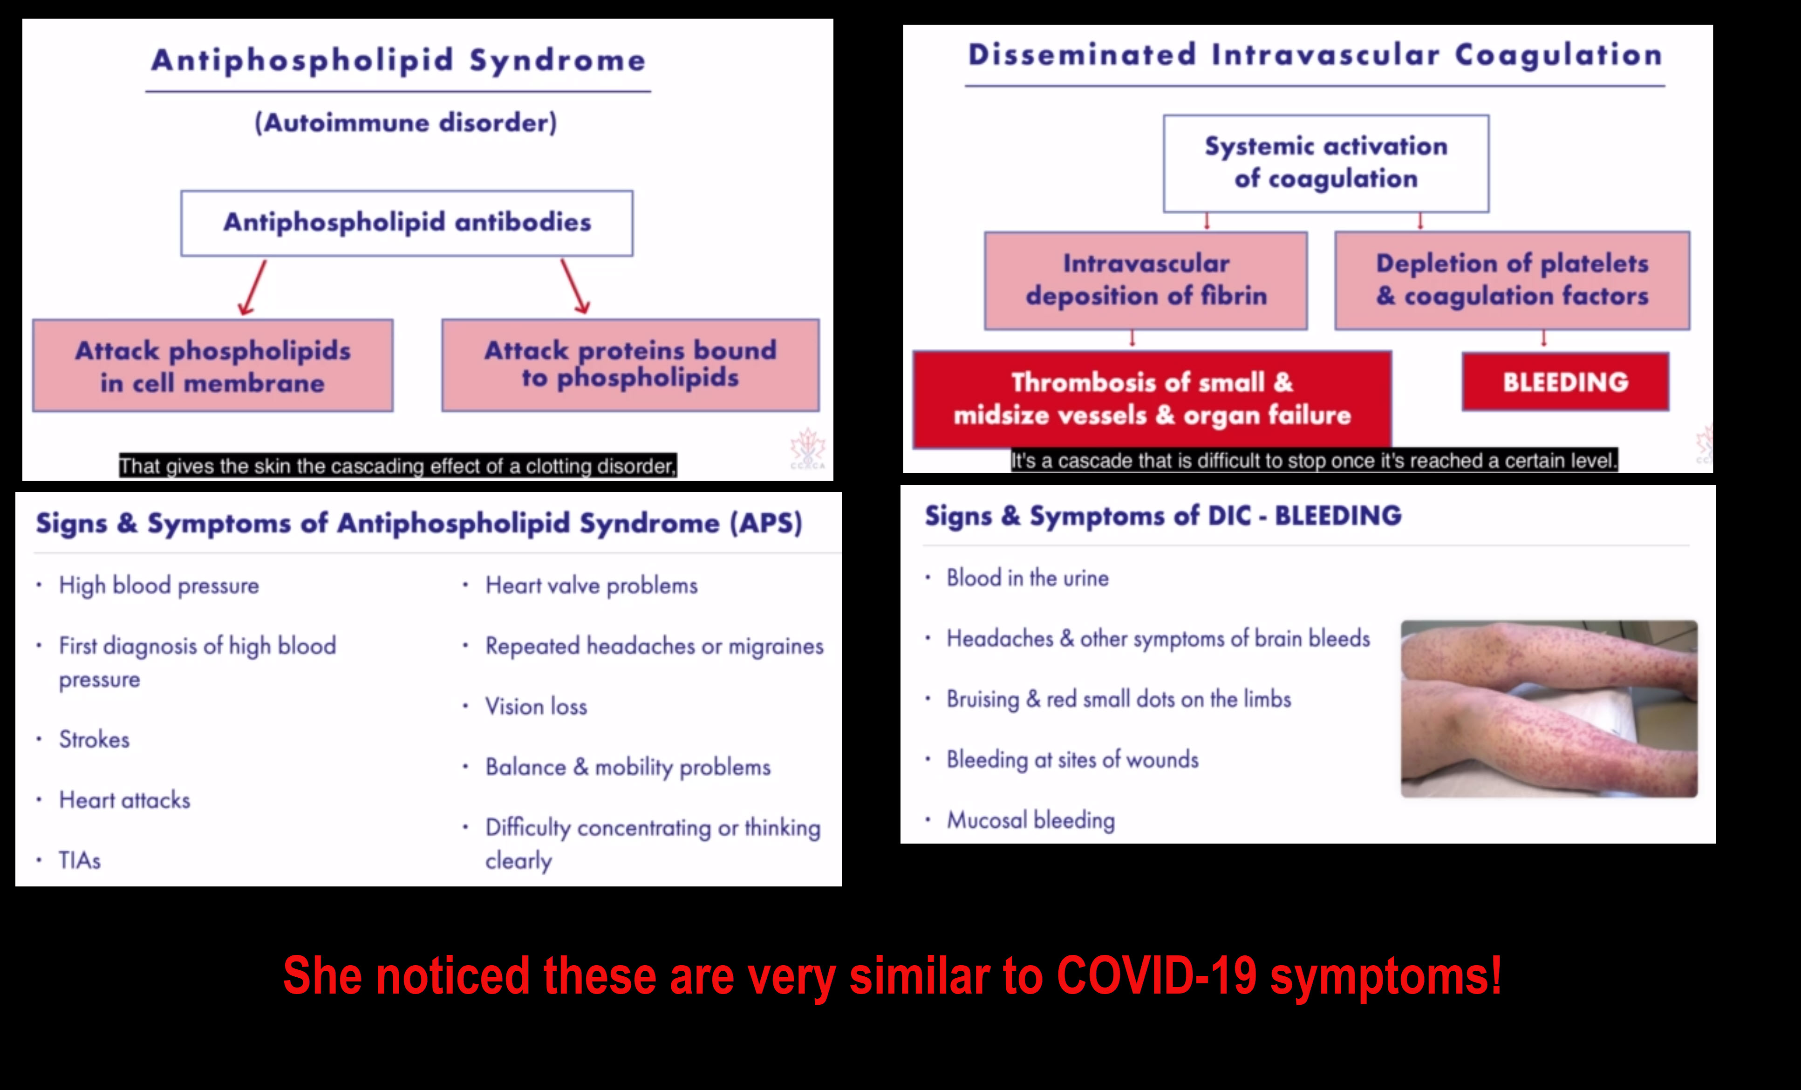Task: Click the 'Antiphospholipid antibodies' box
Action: [407, 223]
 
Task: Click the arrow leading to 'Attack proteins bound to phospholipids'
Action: [575, 286]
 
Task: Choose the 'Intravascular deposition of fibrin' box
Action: [1146, 281]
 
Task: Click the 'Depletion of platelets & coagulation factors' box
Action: [1512, 281]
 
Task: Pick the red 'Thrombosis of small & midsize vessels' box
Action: [1152, 398]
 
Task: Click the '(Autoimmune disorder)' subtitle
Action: [406, 122]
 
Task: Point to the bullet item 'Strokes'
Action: [94, 739]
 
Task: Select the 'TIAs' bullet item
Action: [80, 860]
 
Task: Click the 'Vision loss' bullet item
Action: [537, 706]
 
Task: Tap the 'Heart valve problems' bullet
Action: [591, 586]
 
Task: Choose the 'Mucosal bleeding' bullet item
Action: [1030, 820]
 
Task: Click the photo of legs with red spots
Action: [1549, 708]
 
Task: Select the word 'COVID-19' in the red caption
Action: [1156, 975]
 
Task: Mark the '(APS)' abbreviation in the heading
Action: [766, 524]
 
